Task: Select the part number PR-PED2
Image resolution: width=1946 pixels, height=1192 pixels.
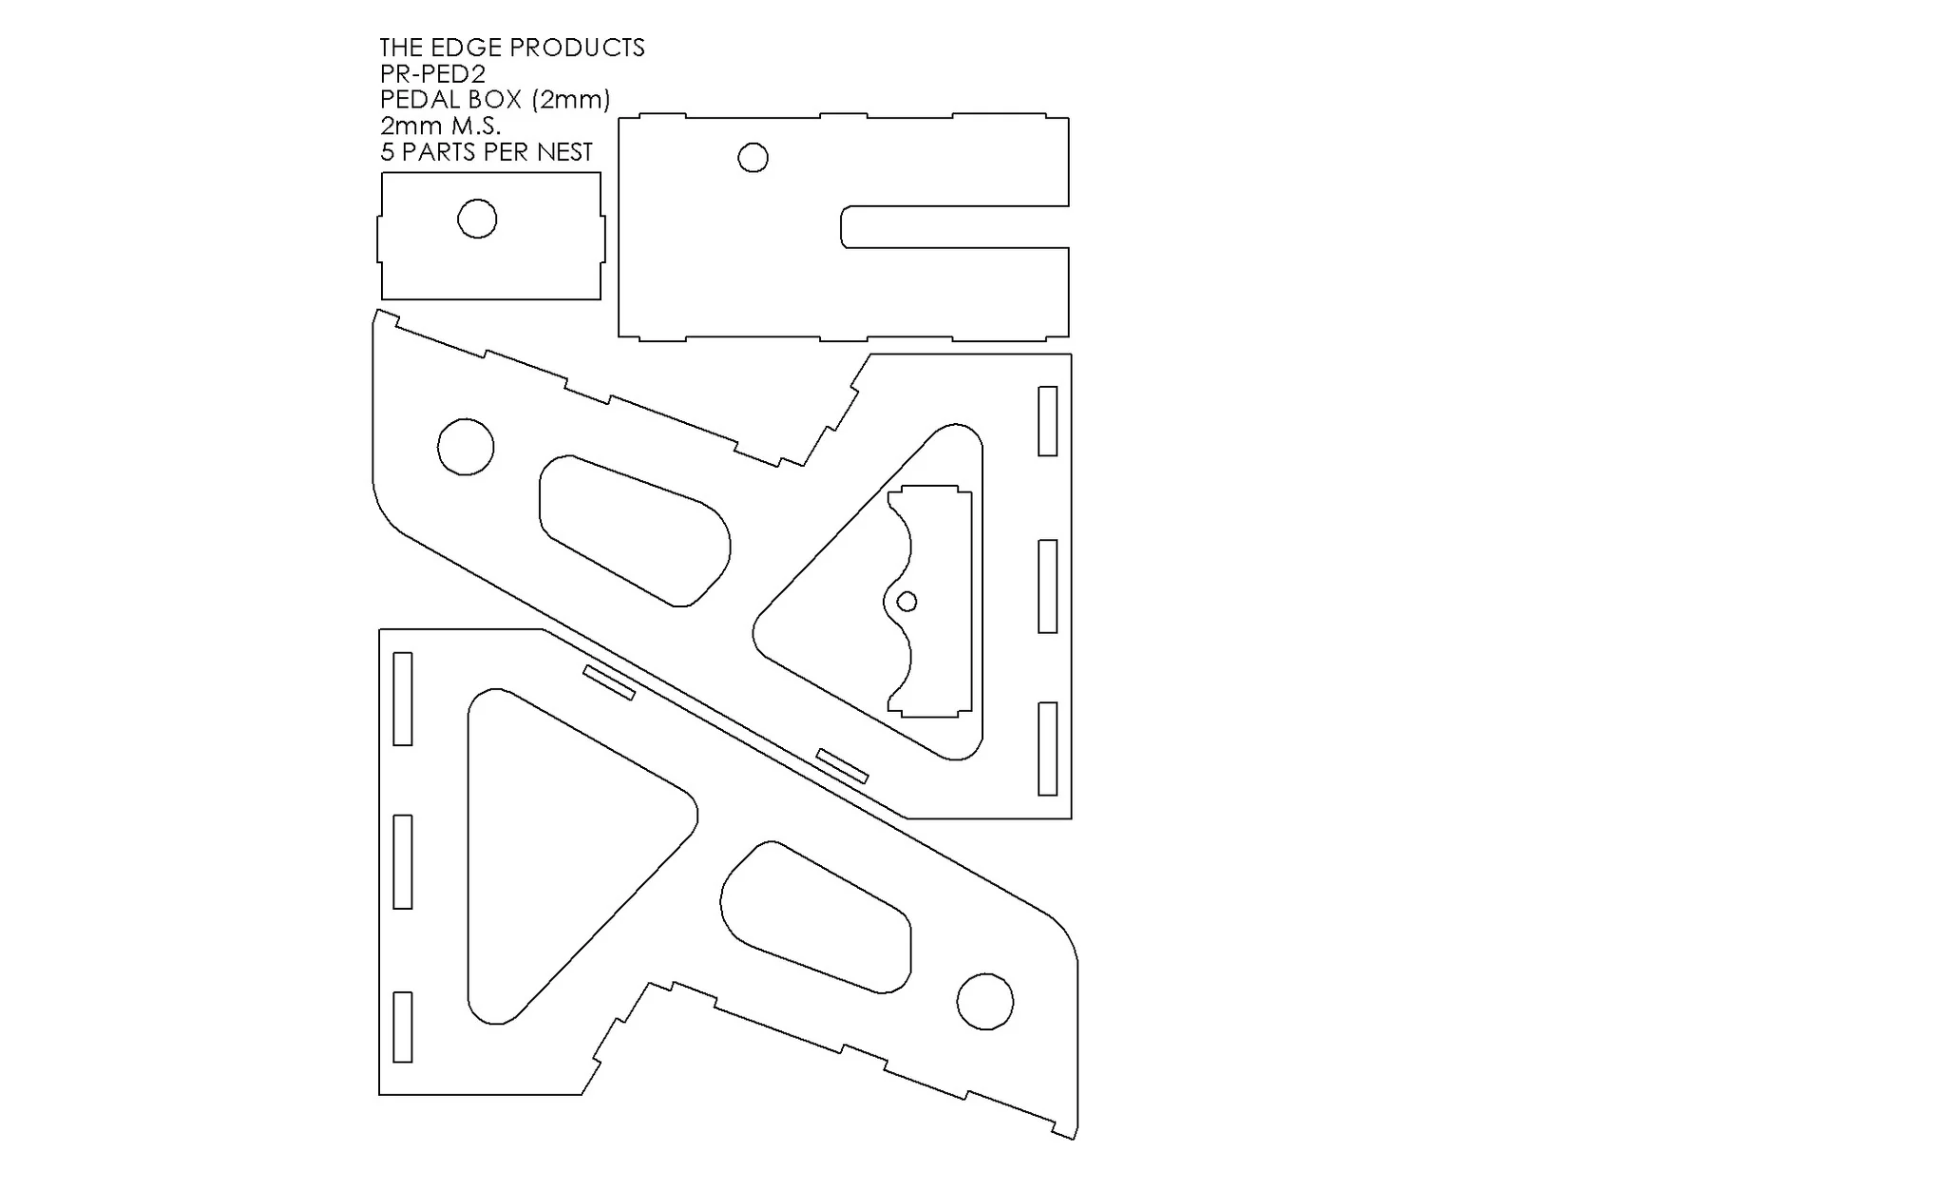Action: coord(433,73)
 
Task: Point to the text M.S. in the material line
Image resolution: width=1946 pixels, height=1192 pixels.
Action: coord(476,125)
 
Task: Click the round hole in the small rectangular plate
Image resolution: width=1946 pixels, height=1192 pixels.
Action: coord(477,219)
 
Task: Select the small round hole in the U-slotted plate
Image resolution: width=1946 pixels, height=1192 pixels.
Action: coord(753,157)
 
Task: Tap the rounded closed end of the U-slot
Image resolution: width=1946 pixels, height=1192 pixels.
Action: coord(843,226)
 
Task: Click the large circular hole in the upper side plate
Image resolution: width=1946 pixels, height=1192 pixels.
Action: coord(466,446)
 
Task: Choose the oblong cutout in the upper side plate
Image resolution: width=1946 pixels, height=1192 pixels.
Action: coord(635,530)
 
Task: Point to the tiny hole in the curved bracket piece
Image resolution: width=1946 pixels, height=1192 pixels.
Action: coord(906,601)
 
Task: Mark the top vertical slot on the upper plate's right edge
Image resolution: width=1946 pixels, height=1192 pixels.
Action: coord(1047,421)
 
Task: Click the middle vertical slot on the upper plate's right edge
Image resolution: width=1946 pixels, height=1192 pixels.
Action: coord(1047,586)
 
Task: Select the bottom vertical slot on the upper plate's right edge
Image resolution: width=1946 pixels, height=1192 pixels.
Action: coord(1047,748)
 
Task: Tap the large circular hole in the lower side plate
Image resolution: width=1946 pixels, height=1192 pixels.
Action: coord(984,1001)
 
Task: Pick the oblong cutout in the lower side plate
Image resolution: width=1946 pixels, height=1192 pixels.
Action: coord(815,916)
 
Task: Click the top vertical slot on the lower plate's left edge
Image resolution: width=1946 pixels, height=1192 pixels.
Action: coord(403,699)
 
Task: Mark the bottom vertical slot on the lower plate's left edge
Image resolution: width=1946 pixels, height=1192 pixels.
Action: coord(403,1027)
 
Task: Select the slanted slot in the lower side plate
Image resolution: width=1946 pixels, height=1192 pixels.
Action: coord(608,683)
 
